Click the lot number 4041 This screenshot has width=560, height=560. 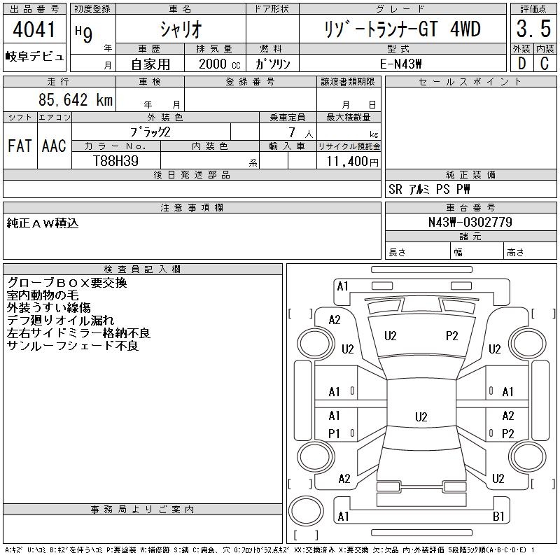point(34,29)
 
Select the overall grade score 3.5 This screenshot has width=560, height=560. point(533,29)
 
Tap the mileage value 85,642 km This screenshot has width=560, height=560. point(76,99)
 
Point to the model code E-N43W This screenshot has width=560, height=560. point(401,64)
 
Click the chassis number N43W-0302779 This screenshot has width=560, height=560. point(470,222)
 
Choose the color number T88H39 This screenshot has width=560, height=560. point(115,161)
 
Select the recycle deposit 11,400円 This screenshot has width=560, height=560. point(352,161)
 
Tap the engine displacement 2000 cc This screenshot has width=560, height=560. point(219,64)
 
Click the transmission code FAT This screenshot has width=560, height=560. point(20,146)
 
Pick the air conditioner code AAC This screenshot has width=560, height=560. point(55,146)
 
